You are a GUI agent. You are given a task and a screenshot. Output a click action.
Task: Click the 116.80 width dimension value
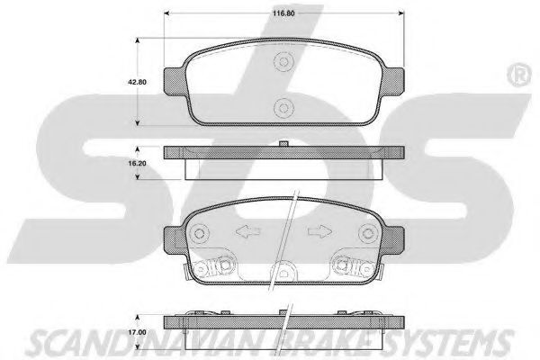tap(283, 13)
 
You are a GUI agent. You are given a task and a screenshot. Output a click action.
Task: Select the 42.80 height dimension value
tap(137, 82)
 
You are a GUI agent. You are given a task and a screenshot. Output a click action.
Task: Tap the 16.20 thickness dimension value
tap(137, 163)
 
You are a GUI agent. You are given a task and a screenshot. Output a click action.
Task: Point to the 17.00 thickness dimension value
tap(137, 332)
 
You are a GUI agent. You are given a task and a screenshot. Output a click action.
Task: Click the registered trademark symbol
tap(519, 75)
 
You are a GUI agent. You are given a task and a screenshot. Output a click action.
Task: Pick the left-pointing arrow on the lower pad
tap(248, 231)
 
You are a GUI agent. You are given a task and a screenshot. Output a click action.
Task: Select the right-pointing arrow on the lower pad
tap(319, 231)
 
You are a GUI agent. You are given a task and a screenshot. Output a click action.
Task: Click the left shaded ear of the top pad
tap(175, 81)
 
